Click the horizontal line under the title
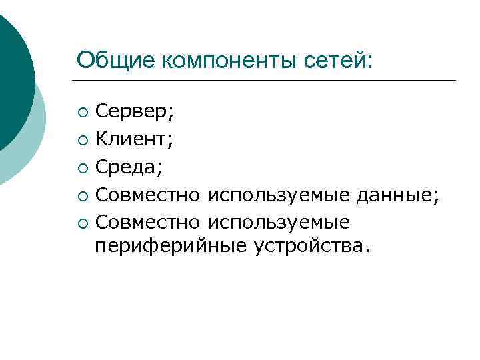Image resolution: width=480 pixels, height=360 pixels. [267, 81]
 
